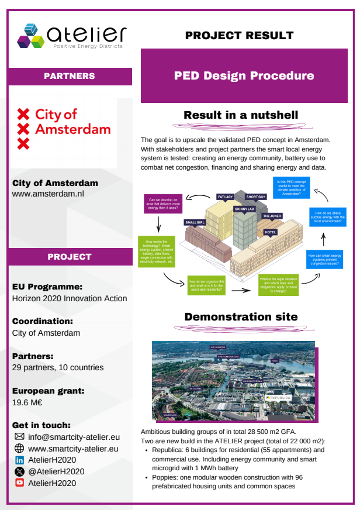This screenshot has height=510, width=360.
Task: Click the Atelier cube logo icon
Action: pyautogui.click(x=30, y=36)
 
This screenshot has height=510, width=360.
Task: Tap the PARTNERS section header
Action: pyautogui.click(x=70, y=76)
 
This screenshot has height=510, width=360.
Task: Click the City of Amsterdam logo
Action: pyautogui.click(x=64, y=128)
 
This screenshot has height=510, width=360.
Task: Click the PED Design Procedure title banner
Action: pyautogui.click(x=244, y=76)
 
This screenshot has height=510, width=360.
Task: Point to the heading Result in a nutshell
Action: pyautogui.click(x=241, y=115)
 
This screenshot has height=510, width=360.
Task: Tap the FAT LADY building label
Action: pyautogui.click(x=225, y=197)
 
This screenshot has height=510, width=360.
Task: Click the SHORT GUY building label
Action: pyautogui.click(x=256, y=197)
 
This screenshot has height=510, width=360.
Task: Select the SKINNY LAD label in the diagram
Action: pyautogui.click(x=244, y=209)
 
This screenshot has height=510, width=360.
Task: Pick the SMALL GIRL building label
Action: pyautogui.click(x=195, y=222)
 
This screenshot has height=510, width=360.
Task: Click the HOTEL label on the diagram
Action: pyautogui.click(x=270, y=232)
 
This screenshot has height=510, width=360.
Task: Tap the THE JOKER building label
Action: pyautogui.click(x=272, y=216)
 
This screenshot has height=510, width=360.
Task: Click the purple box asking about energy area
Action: pyautogui.click(x=163, y=202)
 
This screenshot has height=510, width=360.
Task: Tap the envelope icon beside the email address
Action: pyautogui.click(x=19, y=437)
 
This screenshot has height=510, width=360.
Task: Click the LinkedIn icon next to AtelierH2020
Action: pyautogui.click(x=19, y=460)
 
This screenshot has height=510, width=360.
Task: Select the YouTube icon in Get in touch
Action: pyautogui.click(x=19, y=483)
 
